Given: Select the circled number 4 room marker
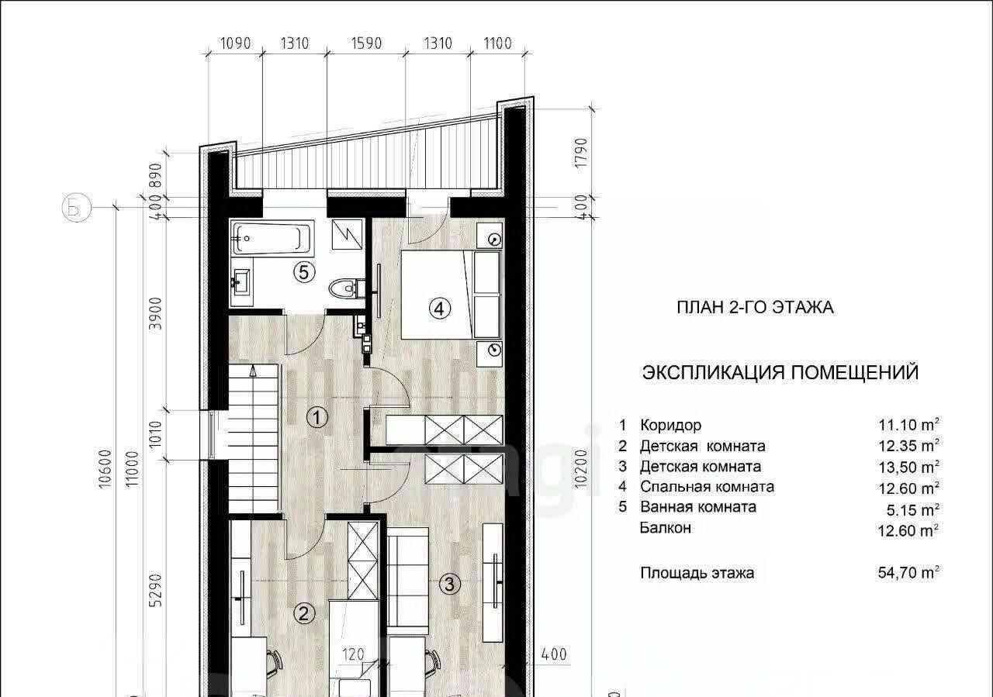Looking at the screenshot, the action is (x=439, y=308).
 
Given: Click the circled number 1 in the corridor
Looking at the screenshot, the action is (x=317, y=417).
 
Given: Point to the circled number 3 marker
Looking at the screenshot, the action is (x=449, y=584).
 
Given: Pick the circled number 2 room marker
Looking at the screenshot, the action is (x=303, y=614).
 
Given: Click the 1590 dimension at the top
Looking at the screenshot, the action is (x=366, y=43).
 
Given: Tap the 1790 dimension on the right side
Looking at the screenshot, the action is (x=581, y=153).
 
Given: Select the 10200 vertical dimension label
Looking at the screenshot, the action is (x=581, y=469).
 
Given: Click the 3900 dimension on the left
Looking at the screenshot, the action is (x=156, y=313).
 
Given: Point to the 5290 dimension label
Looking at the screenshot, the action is (x=156, y=591).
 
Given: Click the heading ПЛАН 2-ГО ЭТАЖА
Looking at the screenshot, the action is (x=755, y=308).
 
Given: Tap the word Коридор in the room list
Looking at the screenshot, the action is (x=671, y=426).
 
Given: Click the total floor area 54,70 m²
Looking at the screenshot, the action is (x=908, y=572).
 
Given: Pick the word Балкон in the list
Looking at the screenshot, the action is (x=666, y=528).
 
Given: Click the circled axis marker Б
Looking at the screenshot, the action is (x=76, y=207).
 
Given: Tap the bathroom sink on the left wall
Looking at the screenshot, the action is (x=241, y=281).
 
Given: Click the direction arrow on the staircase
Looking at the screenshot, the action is (x=253, y=371).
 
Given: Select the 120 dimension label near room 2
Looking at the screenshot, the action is (x=353, y=654).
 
